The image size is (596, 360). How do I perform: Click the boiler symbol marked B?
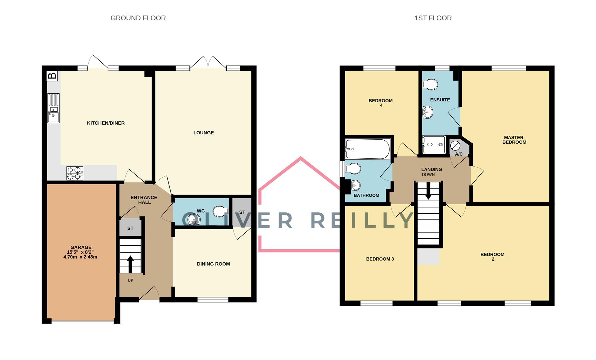click(52, 76)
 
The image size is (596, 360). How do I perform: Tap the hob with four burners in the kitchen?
click(75, 173)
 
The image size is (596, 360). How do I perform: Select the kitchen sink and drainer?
click(53, 108)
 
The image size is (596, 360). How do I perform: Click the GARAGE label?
click(81, 247)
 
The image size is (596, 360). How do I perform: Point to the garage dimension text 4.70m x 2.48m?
click(80, 257)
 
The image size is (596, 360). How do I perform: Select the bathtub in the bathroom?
click(368, 149)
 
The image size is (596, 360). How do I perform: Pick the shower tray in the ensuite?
click(434, 145)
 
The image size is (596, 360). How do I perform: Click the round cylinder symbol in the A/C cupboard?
click(455, 146)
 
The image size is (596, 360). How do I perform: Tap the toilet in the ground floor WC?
click(220, 211)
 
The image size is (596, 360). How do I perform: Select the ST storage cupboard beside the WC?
click(242, 212)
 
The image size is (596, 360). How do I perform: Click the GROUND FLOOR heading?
click(138, 18)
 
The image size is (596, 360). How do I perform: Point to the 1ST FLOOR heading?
click(433, 18)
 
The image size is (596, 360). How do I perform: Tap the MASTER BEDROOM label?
click(514, 140)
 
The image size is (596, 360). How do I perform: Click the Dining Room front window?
click(213, 300)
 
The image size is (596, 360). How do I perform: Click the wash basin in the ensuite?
click(428, 112)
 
